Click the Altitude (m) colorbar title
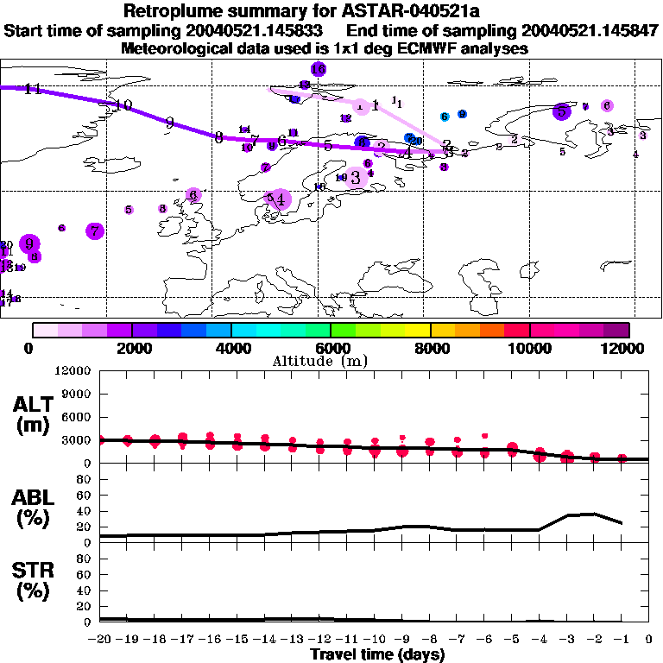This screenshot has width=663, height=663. (x=315, y=360)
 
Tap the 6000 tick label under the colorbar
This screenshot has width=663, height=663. (x=331, y=348)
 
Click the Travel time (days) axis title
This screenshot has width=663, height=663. (x=377, y=654)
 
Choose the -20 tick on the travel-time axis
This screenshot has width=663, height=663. (x=101, y=640)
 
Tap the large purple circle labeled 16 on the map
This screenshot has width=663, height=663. (x=318, y=69)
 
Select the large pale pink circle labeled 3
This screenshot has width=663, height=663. (x=355, y=178)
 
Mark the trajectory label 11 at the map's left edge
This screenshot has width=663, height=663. (x=33, y=89)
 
